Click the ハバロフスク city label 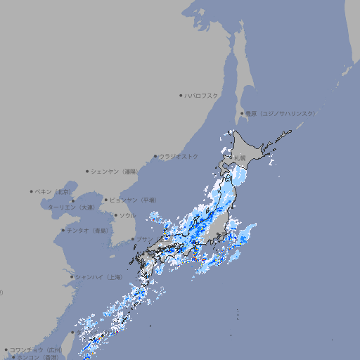point(202,96)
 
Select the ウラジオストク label point(179,156)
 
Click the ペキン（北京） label point(53,191)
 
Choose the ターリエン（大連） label point(71,207)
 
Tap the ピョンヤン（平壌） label point(133,200)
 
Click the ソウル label point(127,215)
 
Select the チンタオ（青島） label point(87,231)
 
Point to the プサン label point(143,240)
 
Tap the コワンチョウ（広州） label point(35,349)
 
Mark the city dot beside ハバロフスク point(181,96)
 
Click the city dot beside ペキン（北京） point(32,191)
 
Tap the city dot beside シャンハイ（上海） point(72,277)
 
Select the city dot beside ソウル point(115,215)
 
